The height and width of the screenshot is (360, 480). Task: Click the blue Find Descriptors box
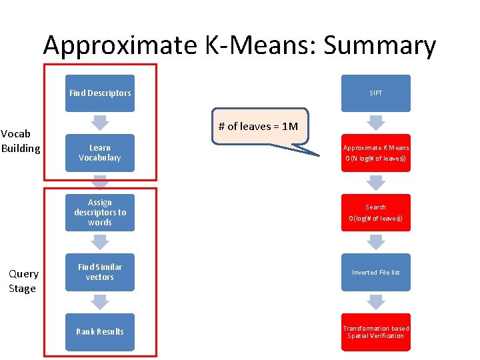(100, 93)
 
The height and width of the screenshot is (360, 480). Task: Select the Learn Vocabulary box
(100, 153)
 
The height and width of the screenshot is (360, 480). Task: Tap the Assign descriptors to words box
(100, 213)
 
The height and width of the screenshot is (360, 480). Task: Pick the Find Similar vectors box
(100, 272)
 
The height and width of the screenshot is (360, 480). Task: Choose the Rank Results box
(100, 332)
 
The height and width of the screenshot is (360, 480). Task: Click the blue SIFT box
(376, 93)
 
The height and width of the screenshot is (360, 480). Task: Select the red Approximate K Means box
(376, 153)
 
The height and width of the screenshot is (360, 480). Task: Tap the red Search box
(376, 213)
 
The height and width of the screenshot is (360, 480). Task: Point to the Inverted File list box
(376, 272)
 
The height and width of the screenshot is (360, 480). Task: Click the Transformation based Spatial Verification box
(376, 332)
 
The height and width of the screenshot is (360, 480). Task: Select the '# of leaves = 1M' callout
(260, 127)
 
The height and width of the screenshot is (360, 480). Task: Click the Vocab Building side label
(20, 141)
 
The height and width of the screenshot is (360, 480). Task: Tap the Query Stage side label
(23, 281)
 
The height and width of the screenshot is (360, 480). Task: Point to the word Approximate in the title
(120, 45)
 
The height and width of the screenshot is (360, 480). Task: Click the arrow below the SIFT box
(376, 123)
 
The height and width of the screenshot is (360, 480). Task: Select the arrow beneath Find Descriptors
(100, 123)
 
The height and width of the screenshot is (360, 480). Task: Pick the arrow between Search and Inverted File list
(376, 242)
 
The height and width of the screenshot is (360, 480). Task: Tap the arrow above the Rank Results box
(100, 302)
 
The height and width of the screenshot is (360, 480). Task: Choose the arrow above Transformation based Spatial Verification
(376, 302)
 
